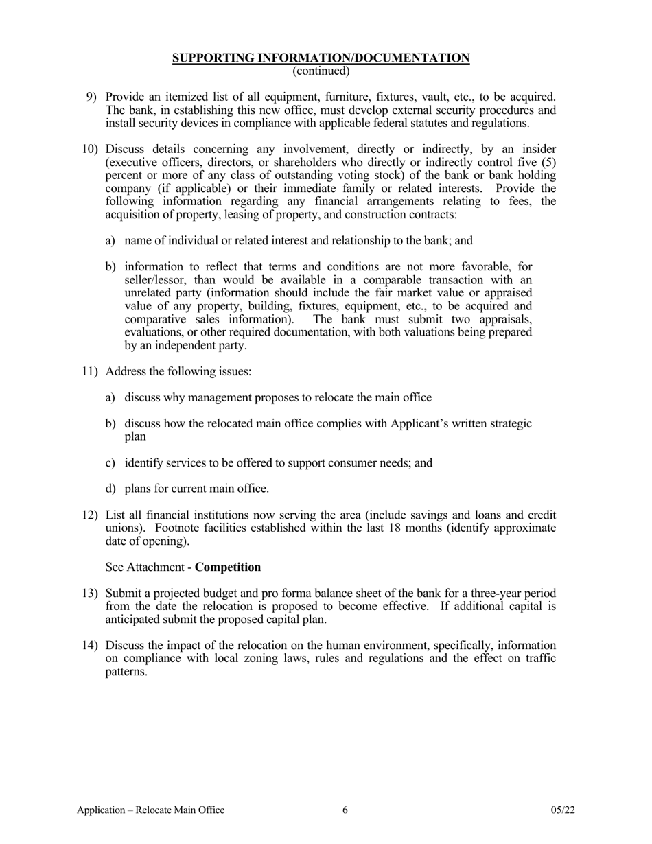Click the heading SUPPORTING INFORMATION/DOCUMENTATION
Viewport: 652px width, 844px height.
click(x=321, y=58)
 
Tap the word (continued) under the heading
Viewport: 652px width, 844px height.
click(x=321, y=71)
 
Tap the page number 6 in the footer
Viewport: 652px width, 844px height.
click(x=345, y=810)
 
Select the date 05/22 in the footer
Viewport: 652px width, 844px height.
click(x=563, y=810)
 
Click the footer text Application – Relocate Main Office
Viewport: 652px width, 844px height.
click(x=150, y=810)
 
